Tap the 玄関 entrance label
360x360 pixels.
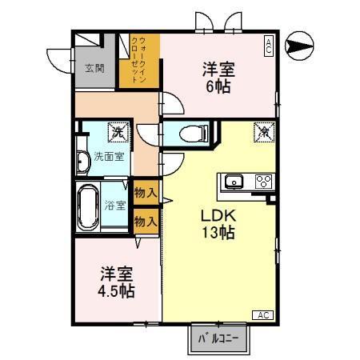[x=94, y=68]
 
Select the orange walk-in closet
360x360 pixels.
[x=138, y=61]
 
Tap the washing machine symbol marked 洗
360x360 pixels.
[x=118, y=131]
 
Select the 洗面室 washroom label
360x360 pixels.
[x=108, y=156]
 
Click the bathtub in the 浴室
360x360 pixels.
[x=87, y=206]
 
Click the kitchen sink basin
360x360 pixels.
[x=234, y=180]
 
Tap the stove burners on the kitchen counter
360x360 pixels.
[x=262, y=181]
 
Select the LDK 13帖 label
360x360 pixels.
[x=216, y=223]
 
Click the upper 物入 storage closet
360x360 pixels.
[x=145, y=193]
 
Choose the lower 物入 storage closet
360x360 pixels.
[x=145, y=221]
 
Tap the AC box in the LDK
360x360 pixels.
[x=263, y=315]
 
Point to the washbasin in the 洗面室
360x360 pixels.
[x=82, y=160]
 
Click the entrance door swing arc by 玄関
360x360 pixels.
[x=59, y=58]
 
